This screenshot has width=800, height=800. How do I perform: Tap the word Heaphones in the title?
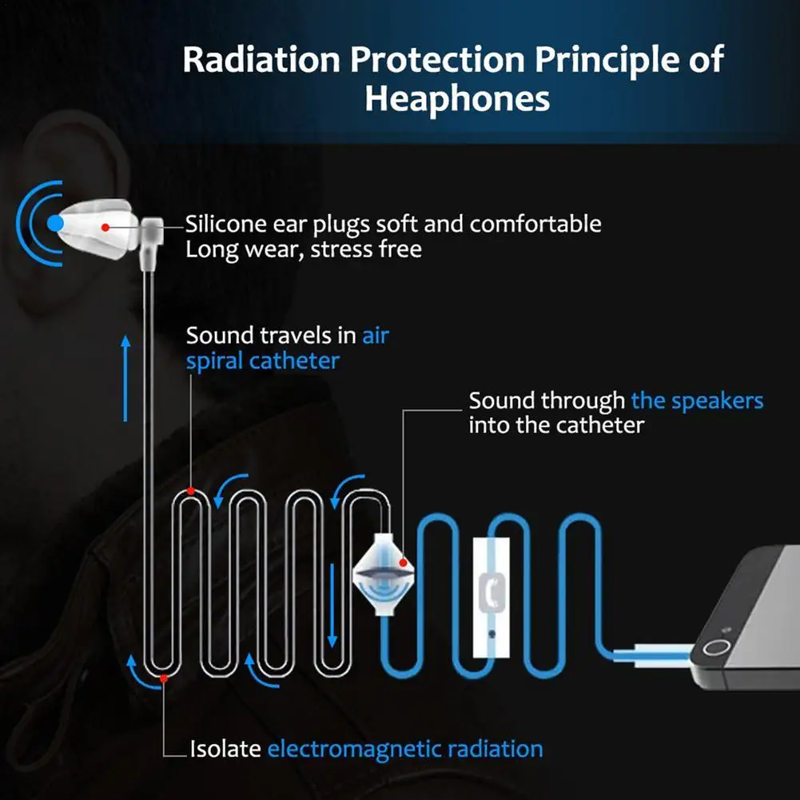click(457, 99)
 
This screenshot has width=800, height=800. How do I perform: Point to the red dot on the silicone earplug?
click(105, 227)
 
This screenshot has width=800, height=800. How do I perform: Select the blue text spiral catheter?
click(263, 360)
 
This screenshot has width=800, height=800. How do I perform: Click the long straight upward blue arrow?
click(125, 377)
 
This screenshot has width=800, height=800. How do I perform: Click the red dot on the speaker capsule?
click(404, 564)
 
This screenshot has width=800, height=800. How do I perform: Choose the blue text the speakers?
click(697, 400)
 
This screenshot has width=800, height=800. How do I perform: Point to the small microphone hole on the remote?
click(492, 633)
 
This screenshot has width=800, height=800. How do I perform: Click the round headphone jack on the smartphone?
click(718, 648)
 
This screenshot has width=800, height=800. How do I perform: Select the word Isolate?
click(225, 749)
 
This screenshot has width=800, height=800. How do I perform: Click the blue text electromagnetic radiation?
click(405, 749)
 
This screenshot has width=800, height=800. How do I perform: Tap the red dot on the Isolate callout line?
click(164, 679)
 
